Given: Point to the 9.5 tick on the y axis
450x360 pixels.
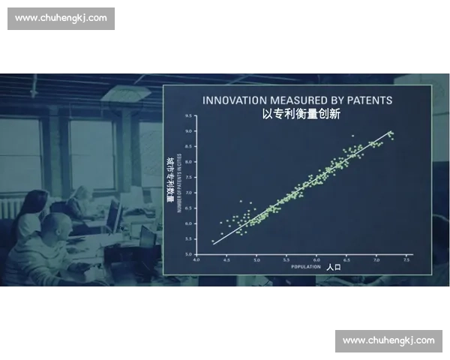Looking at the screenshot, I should tap(189, 116).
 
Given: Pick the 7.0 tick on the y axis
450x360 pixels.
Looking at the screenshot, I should tap(189, 193).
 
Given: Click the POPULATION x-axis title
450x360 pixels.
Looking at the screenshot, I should tap(306, 267).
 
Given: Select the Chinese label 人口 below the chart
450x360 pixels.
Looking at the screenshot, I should tap(334, 267).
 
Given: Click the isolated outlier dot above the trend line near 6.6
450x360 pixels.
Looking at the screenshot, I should tap(352, 136).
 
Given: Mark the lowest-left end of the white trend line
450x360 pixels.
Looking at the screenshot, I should tap(213, 244).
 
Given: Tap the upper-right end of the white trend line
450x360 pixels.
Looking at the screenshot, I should tap(391, 132).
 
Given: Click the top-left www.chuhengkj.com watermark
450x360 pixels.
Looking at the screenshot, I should tap(62, 18).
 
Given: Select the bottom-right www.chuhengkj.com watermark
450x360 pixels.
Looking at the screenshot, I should tap(388, 340).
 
